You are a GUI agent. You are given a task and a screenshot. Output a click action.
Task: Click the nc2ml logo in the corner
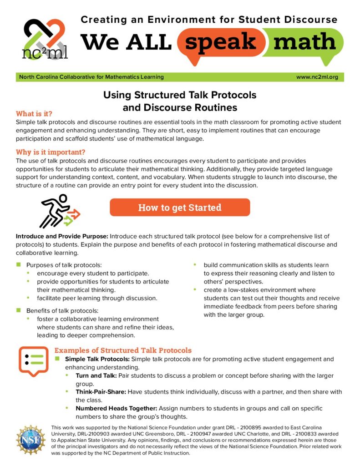click(45, 39)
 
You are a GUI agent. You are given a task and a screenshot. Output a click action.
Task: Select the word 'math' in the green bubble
click(305, 42)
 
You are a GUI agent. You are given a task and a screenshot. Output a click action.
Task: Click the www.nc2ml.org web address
click(317, 77)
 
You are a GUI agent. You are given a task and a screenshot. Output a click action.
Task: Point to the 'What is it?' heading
click(34, 113)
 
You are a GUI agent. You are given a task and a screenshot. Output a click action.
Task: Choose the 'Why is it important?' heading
click(51, 152)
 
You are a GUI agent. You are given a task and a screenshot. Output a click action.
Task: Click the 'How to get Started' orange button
click(180, 208)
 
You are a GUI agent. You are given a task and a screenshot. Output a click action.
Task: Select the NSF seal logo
click(30, 441)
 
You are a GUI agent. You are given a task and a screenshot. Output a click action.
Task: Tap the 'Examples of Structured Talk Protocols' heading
click(123, 350)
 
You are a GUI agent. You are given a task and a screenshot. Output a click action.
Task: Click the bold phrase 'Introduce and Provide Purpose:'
click(62, 237)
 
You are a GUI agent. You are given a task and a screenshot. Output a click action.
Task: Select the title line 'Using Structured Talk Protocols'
click(180, 95)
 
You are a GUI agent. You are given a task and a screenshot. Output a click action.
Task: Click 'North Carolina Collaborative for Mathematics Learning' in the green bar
click(91, 77)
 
